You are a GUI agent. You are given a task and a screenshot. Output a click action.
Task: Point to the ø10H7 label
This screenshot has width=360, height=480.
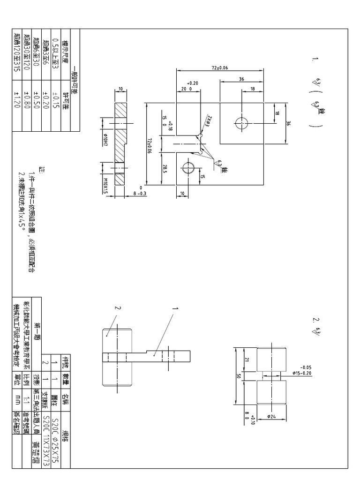point(106,138)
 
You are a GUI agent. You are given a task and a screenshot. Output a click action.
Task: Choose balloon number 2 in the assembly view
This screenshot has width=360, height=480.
point(119,308)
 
